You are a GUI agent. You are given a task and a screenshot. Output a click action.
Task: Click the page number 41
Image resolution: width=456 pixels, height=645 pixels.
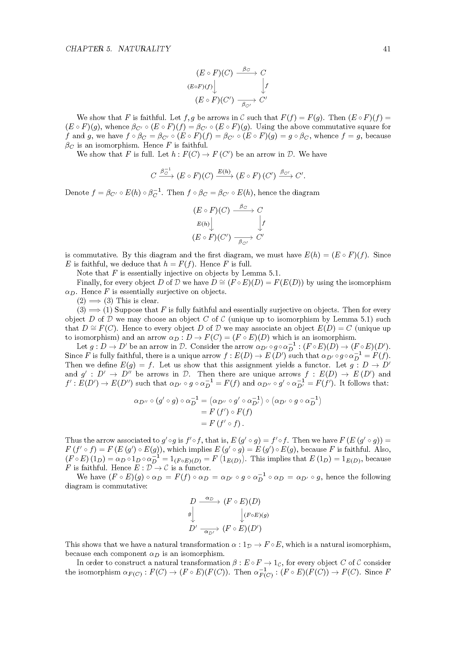[x=387, y=49]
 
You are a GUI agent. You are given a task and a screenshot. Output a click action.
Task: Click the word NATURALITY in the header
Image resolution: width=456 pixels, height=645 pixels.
[x=144, y=49]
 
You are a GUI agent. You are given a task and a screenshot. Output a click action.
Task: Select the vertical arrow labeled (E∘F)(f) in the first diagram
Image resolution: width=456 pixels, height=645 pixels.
[x=215, y=86]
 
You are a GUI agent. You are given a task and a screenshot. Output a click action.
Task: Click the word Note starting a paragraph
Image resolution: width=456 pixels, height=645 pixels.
[x=84, y=273]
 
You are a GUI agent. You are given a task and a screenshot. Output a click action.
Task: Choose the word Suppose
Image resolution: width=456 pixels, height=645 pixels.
[x=127, y=310]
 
